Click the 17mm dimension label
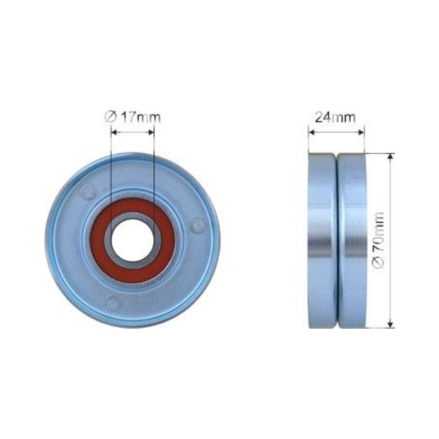tap(140, 117)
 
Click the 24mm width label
tap(335, 117)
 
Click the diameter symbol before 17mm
tap(110, 117)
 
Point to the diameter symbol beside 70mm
tap(379, 264)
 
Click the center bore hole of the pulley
tap(133, 240)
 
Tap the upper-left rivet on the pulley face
tap(88, 192)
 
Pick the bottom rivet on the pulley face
tap(114, 301)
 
